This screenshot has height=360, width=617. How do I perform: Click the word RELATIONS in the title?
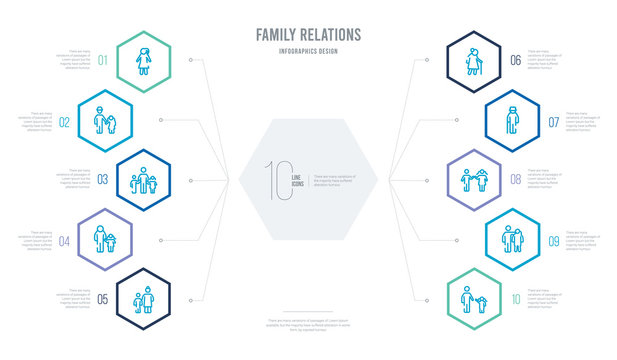(330, 36)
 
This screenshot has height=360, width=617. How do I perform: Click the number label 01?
(102, 60)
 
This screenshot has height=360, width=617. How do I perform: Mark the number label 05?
(102, 297)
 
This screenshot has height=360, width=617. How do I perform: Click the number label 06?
(515, 60)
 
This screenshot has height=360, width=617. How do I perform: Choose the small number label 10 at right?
(515, 297)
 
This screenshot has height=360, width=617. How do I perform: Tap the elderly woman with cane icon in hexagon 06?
(472, 60)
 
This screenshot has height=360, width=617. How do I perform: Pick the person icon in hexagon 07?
(511, 120)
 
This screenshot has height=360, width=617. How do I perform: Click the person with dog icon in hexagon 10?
(472, 297)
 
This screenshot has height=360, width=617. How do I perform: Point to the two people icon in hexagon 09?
(511, 238)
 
